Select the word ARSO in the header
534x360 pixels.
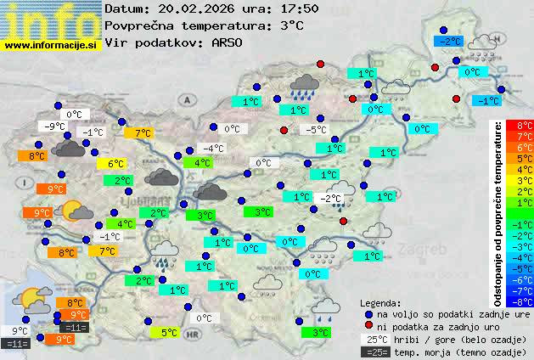[x=231, y=42]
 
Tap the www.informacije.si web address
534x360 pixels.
[x=52, y=46]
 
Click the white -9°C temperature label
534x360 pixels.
[x=55, y=127]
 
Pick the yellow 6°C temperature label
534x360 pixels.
[x=116, y=164]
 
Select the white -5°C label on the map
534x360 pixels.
[x=316, y=130]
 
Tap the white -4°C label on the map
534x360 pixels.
[x=212, y=149]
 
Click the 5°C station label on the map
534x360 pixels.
[x=169, y=333]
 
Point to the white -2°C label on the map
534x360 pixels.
[x=329, y=199]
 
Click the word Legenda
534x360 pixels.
[x=380, y=302]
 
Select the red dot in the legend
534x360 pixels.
[x=368, y=326]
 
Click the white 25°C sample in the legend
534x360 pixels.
[x=378, y=339]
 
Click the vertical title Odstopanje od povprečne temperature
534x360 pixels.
[x=498, y=212]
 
